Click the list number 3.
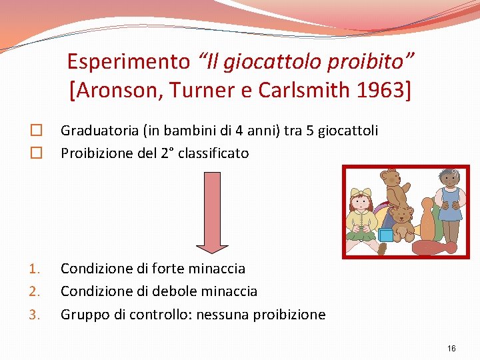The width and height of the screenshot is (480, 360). click(x=35, y=315)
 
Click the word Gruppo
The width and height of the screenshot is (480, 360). click(x=83, y=314)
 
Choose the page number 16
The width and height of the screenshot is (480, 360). click(x=451, y=349)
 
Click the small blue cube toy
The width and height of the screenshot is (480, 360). click(x=387, y=235)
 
